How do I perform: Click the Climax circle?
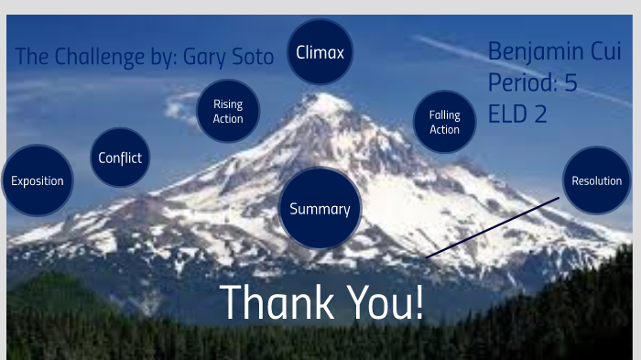(320, 52)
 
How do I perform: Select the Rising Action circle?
(228, 112)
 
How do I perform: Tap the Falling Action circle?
(445, 122)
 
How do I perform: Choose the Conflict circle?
(120, 158)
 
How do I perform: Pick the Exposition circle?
(38, 180)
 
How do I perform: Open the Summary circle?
(320, 209)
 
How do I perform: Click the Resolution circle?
(596, 180)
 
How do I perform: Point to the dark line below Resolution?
(493, 227)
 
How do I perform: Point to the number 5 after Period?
(570, 83)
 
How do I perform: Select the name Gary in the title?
(206, 57)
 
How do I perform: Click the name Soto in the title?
(253, 57)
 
